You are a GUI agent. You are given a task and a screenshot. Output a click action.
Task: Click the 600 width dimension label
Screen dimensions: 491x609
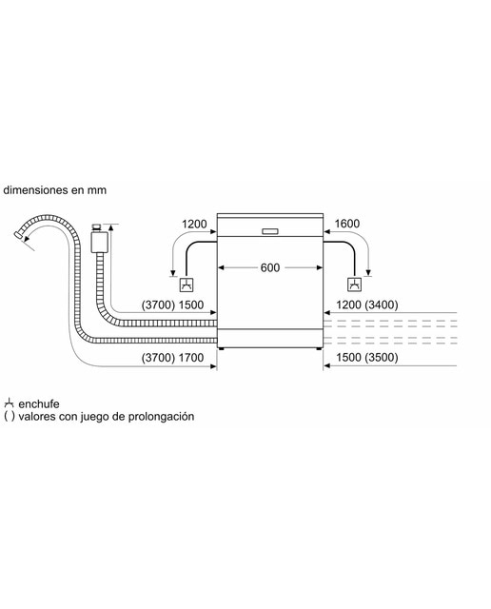point(270,267)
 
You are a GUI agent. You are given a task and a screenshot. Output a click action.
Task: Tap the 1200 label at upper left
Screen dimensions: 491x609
point(194,225)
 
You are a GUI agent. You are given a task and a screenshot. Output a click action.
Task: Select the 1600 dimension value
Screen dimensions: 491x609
point(347,224)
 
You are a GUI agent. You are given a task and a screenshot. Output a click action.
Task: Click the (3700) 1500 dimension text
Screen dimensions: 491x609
point(172,304)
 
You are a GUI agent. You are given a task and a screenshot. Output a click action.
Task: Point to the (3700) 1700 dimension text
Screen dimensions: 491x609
point(172,358)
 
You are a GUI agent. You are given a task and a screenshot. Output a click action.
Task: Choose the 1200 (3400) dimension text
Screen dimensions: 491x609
point(367,304)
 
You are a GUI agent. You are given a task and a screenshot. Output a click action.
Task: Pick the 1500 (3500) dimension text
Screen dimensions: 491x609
point(367,358)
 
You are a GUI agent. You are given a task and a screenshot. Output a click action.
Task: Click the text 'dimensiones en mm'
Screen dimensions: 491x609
point(55,190)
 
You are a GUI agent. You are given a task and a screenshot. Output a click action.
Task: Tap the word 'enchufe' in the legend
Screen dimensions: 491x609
point(39,403)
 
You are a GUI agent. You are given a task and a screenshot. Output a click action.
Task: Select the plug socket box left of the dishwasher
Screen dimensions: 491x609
point(187,285)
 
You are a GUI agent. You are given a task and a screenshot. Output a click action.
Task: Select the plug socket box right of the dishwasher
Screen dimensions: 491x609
point(354,285)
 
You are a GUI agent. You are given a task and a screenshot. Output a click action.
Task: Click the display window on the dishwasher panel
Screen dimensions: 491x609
point(270,231)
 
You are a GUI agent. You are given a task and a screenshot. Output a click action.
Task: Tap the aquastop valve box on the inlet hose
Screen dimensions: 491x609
point(100,241)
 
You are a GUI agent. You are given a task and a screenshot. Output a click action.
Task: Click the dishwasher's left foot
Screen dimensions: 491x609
point(221,349)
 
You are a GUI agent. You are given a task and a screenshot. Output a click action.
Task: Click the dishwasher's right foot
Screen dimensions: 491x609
point(319,349)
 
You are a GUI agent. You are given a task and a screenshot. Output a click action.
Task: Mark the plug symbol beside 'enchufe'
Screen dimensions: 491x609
point(9,403)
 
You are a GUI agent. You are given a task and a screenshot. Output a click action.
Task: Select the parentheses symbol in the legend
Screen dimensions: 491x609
point(10,417)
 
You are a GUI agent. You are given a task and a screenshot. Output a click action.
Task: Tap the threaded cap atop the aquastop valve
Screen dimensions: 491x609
point(96,226)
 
